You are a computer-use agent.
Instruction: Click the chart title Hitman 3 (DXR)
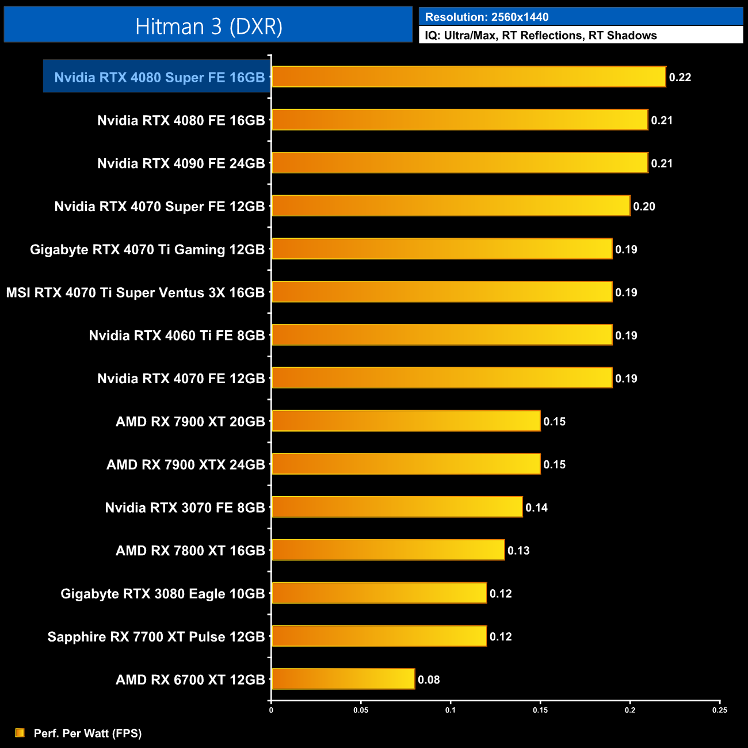pyautogui.click(x=208, y=26)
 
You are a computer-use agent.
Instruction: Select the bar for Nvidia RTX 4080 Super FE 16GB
pyautogui.click(x=468, y=77)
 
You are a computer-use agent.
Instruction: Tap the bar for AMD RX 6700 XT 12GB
pyautogui.click(x=343, y=680)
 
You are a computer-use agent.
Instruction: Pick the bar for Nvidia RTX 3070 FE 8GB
pyautogui.click(x=397, y=507)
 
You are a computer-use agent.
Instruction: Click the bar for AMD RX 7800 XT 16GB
pyautogui.click(x=388, y=551)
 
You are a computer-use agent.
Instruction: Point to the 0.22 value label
pyautogui.click(x=680, y=78)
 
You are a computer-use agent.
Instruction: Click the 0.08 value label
pyautogui.click(x=429, y=680)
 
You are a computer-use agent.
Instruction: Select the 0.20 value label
pyautogui.click(x=644, y=207)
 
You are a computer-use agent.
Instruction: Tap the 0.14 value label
pyautogui.click(x=536, y=507)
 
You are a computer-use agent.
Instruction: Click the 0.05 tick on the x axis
pyautogui.click(x=361, y=710)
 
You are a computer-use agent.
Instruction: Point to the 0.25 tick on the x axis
pyautogui.click(x=719, y=710)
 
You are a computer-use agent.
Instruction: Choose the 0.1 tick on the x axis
pyautogui.click(x=451, y=710)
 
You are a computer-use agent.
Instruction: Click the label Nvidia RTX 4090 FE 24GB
pyautogui.click(x=181, y=163)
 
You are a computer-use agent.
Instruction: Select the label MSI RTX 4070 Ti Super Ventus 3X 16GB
pyautogui.click(x=135, y=293)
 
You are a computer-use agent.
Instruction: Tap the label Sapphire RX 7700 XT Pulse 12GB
pyautogui.click(x=156, y=637)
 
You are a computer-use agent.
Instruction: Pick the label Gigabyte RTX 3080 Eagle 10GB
pyautogui.click(x=163, y=594)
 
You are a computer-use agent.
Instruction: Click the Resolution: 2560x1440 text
pyautogui.click(x=487, y=17)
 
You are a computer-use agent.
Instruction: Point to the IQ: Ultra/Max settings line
pyautogui.click(x=541, y=36)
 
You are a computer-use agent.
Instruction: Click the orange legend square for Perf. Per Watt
pyautogui.click(x=20, y=732)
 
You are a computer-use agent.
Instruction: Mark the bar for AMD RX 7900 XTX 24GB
pyautogui.click(x=406, y=464)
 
